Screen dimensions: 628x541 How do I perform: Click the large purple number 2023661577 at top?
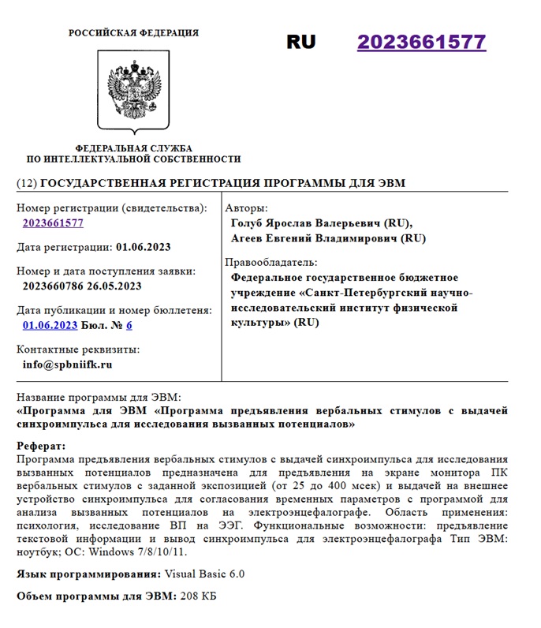(x=421, y=43)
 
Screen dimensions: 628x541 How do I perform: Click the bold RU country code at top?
(x=300, y=43)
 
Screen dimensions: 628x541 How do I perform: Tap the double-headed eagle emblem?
(x=133, y=92)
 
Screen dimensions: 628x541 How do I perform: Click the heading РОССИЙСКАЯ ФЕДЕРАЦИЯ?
(x=133, y=33)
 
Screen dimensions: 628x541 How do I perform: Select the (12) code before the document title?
(x=27, y=183)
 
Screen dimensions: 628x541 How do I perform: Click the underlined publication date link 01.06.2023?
(x=50, y=325)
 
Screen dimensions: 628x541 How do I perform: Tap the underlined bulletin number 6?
(x=129, y=325)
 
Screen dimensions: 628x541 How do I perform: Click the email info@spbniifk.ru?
(x=68, y=364)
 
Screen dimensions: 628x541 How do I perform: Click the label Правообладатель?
(x=271, y=262)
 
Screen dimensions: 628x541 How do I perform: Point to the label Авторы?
(x=246, y=208)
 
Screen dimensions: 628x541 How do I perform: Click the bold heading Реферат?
(x=42, y=446)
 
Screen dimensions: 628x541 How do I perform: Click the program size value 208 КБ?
(x=198, y=596)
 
